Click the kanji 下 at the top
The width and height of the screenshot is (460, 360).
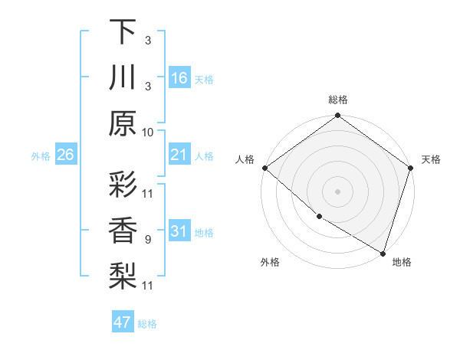[x=123, y=32]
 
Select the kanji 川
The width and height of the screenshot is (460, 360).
[x=123, y=77]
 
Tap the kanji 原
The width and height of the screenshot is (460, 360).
[x=123, y=123]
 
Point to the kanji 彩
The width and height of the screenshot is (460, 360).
[x=123, y=185]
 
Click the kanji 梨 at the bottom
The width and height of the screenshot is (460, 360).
[x=123, y=276]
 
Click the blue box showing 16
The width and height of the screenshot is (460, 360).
[x=179, y=78]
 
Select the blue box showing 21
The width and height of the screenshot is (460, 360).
[x=179, y=155]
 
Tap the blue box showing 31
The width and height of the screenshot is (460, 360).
[x=179, y=231]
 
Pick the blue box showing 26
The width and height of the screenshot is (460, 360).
[x=66, y=155]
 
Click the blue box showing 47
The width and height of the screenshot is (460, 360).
[x=123, y=322]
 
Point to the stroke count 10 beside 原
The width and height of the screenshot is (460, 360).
[x=148, y=132]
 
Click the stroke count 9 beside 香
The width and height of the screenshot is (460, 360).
[x=148, y=240]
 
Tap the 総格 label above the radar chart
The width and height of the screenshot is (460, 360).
[x=337, y=100]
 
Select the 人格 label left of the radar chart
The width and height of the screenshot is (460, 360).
[x=245, y=159]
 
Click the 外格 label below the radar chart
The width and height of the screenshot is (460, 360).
[x=269, y=262]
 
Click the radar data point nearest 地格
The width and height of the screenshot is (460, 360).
[x=383, y=253]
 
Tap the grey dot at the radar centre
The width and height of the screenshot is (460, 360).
[x=337, y=191]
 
